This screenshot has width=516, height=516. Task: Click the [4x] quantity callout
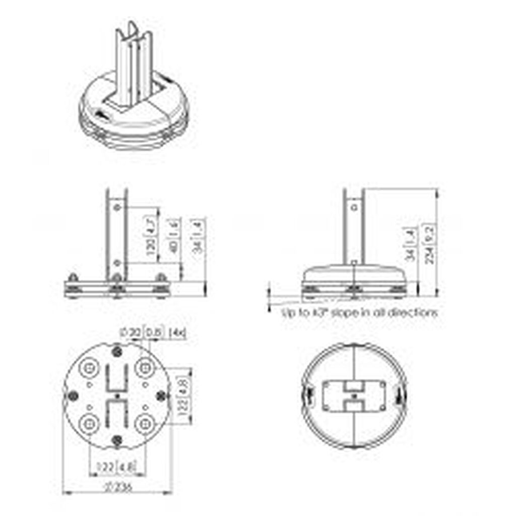pos(177,333)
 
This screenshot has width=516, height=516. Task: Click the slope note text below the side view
pos(359,312)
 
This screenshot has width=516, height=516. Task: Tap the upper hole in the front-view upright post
pos(117,207)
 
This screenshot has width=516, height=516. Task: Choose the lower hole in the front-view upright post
pos(117,263)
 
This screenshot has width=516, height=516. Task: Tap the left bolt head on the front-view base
pos(73,278)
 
